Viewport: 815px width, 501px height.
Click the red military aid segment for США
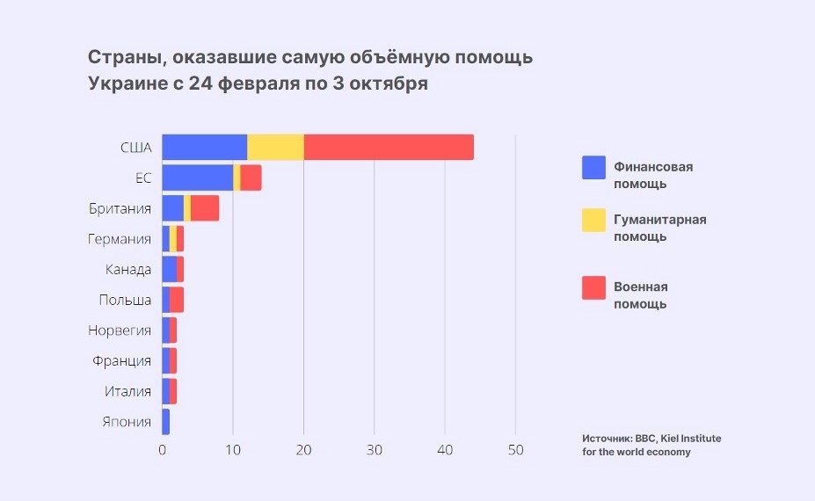coord(389,148)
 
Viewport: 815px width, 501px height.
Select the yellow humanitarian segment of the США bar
coord(275,148)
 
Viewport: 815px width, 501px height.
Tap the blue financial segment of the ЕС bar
coord(197,178)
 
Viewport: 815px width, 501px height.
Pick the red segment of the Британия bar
coord(205,208)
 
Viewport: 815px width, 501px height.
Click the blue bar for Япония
coord(165,422)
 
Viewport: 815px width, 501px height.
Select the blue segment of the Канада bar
coord(169,269)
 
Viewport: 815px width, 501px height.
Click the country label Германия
coord(120,239)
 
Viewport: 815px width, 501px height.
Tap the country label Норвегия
coord(120,330)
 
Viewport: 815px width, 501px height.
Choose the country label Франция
coord(121,360)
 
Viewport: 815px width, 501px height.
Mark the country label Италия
coord(127,391)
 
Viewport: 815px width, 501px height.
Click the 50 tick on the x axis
coord(515,450)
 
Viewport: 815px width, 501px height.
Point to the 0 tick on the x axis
coord(163,450)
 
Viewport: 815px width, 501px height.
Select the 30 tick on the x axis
coord(375,450)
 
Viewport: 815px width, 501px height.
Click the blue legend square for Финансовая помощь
coord(593,167)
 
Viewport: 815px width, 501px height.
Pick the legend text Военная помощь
coord(640,295)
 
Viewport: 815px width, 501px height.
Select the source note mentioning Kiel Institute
coord(651,445)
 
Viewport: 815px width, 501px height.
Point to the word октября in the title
coord(389,84)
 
